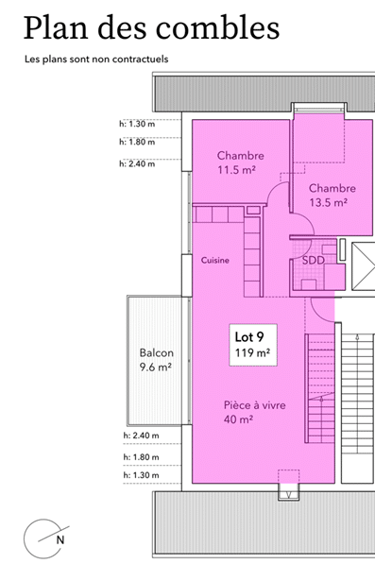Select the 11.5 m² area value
click(236, 171)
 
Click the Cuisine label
click(214, 260)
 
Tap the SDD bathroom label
click(313, 260)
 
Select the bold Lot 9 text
click(250, 336)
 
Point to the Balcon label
click(155, 353)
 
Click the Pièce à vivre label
click(254, 405)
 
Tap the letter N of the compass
click(60, 540)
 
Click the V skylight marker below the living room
click(283, 492)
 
